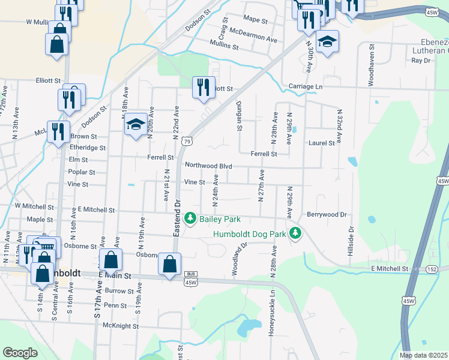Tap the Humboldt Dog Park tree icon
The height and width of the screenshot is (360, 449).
(295, 233)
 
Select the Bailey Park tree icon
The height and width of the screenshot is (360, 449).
(191, 218)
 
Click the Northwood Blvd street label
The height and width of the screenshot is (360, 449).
(208, 166)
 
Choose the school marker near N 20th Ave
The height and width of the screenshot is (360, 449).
(136, 124)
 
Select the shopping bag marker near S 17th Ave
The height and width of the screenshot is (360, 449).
(111, 260)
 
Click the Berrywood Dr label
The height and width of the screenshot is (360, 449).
(327, 214)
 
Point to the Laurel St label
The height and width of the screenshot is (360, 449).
(322, 143)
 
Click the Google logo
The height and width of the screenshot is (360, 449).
(20, 353)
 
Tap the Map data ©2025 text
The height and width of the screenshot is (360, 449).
(423, 355)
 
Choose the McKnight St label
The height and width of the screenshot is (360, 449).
(121, 326)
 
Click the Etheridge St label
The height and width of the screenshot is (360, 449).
(88, 147)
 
